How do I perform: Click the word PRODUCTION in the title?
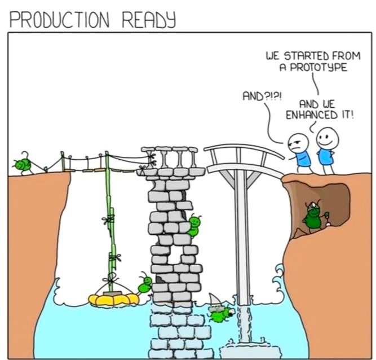tap(59, 20)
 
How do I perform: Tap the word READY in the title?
tap(149, 20)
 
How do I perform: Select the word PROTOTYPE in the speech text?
tap(319, 67)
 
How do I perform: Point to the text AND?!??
tap(262, 96)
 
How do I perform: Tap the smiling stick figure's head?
tap(328, 138)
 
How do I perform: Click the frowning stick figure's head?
tap(298, 143)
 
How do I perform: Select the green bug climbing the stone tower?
tap(194, 226)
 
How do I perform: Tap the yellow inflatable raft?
tap(114, 299)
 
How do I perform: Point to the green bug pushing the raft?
tap(145, 283)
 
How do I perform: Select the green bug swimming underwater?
tap(220, 313)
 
